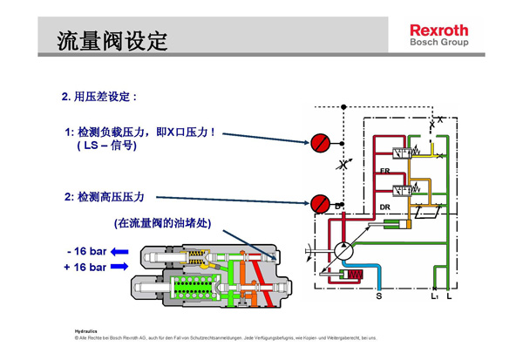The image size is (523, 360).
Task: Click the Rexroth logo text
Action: (438, 30)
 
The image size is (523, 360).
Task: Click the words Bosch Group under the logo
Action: (438, 42)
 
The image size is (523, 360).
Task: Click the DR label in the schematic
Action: (384, 207)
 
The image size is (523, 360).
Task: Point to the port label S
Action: (378, 296)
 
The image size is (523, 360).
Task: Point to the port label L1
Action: (433, 296)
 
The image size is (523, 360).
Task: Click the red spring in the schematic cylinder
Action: (355, 276)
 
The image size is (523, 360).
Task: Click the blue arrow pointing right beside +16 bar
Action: (119, 268)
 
